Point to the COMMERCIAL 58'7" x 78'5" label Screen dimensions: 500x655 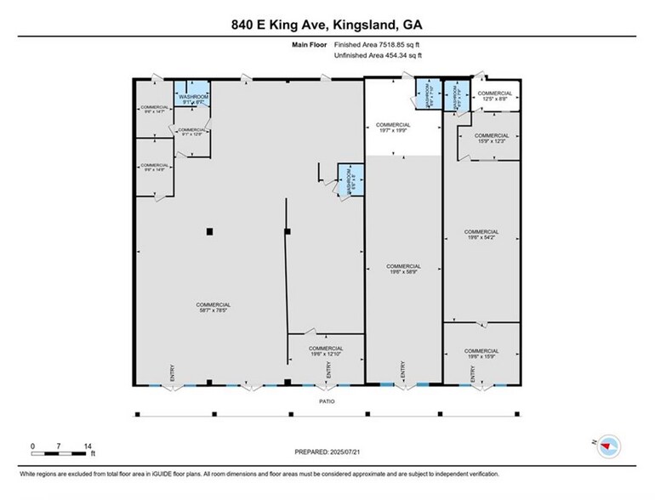(213, 308)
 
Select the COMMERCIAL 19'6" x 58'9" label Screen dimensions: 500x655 (404, 270)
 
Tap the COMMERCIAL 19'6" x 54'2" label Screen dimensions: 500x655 (481, 236)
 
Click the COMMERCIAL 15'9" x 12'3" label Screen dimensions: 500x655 (492, 139)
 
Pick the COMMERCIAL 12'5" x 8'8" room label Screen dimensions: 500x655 (494, 97)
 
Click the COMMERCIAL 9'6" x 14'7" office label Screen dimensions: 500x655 (154, 109)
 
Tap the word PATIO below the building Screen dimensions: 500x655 (327, 401)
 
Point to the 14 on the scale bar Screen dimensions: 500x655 (88, 446)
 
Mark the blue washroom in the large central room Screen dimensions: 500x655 (350, 181)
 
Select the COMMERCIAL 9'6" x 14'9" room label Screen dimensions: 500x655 (154, 168)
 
